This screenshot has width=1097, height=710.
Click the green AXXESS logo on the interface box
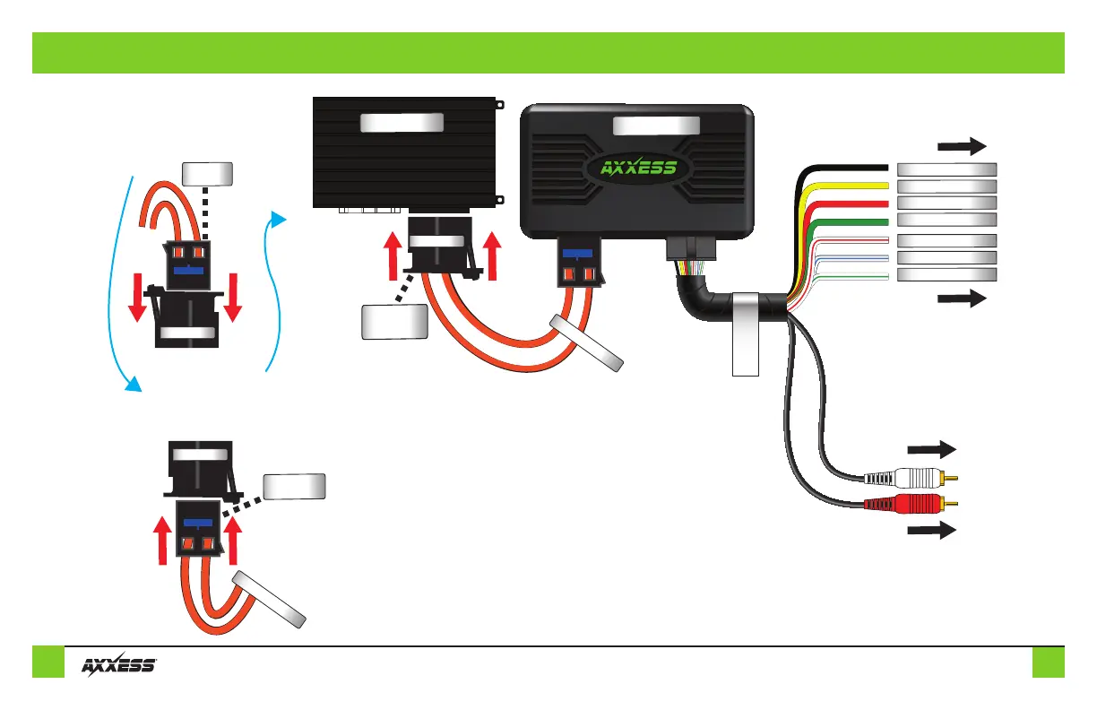click(637, 169)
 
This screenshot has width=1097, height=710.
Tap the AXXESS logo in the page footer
click(120, 664)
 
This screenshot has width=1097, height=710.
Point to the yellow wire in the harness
click(842, 186)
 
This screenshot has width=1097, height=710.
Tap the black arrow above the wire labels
click(962, 146)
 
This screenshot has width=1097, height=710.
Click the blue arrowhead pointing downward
click(133, 384)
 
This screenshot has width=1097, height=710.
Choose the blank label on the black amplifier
click(402, 123)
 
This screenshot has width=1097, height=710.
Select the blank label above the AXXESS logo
click(657, 127)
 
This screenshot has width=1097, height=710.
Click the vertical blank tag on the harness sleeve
click(745, 333)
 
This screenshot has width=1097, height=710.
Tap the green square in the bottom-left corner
click(48, 662)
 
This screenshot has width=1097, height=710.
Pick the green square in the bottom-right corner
click(1048, 662)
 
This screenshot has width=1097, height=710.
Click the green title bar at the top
click(548, 53)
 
